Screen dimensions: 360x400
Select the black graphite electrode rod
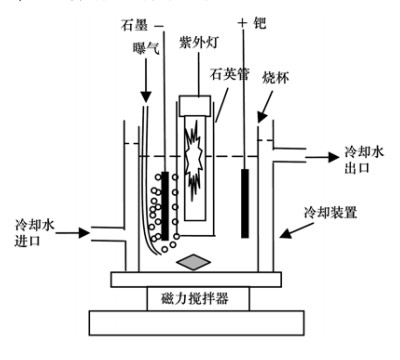164,204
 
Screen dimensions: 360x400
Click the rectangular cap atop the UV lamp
196,104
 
